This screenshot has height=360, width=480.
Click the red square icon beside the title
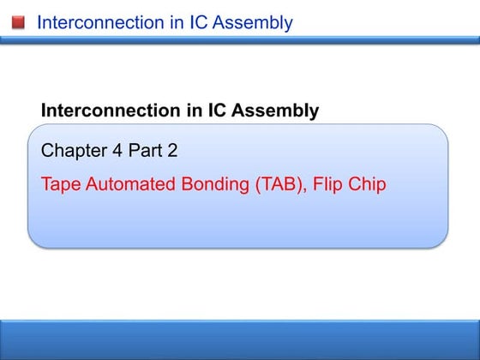point(18,21)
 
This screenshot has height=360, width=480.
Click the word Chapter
point(73,152)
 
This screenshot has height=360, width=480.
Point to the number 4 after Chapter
point(117,152)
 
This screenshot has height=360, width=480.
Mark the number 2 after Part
point(172,152)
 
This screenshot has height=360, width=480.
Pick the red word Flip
point(332,185)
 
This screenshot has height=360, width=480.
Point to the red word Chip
point(369,185)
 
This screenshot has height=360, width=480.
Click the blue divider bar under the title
point(240,39)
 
